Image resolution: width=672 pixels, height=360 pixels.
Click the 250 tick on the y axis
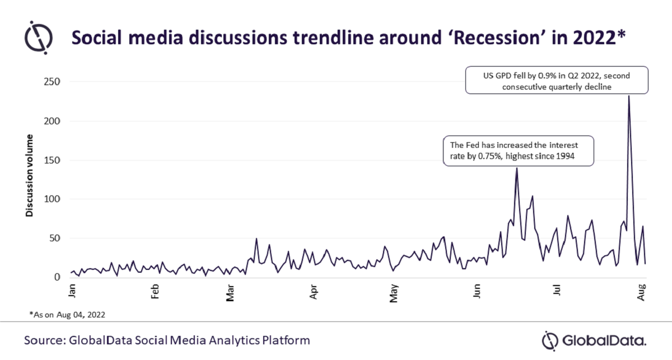(52, 82)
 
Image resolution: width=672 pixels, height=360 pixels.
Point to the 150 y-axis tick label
(52, 160)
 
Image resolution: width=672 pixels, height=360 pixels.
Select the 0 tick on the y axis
(57, 277)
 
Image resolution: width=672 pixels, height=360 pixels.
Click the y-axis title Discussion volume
(29, 176)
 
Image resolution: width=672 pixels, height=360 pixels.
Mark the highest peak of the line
(629, 96)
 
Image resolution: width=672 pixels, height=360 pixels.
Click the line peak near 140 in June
(516, 168)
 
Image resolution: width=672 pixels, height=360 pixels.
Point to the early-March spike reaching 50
(256, 239)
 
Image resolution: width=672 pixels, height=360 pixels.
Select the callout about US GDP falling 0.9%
(557, 80)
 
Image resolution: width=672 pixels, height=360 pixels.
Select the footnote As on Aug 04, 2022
(67, 315)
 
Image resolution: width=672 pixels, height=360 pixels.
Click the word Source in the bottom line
(43, 340)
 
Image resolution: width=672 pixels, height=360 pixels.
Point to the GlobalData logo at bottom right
(594, 340)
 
